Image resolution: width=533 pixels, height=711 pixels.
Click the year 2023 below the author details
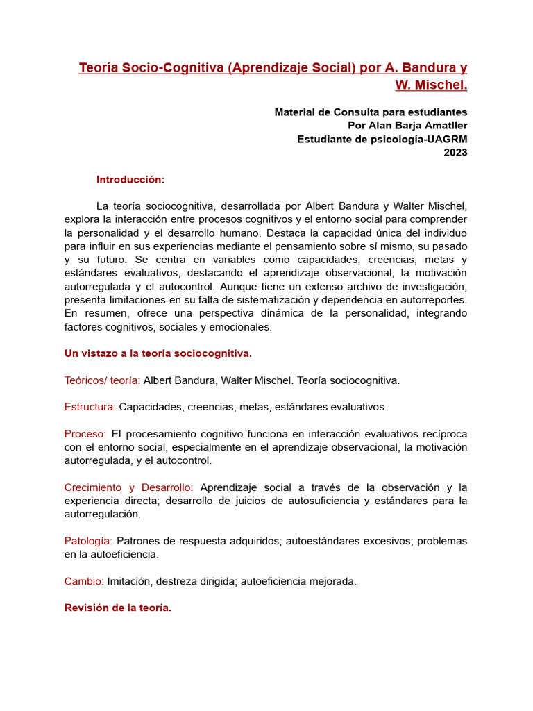click(x=455, y=153)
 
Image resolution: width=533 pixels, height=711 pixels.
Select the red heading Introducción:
click(x=130, y=180)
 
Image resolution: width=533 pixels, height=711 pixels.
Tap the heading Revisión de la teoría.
click(x=117, y=608)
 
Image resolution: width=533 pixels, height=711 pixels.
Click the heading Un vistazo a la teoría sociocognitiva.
click(x=158, y=353)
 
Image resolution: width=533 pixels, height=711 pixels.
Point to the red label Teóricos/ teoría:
click(x=102, y=380)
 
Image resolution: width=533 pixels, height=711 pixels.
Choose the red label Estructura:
click(x=90, y=407)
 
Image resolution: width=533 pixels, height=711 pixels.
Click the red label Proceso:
click(x=85, y=433)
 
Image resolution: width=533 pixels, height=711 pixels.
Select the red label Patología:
click(x=88, y=541)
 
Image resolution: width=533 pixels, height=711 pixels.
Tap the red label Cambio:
click(x=84, y=581)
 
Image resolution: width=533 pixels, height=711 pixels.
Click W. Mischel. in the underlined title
click(x=431, y=85)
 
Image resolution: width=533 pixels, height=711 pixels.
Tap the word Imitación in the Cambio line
click(x=130, y=581)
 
